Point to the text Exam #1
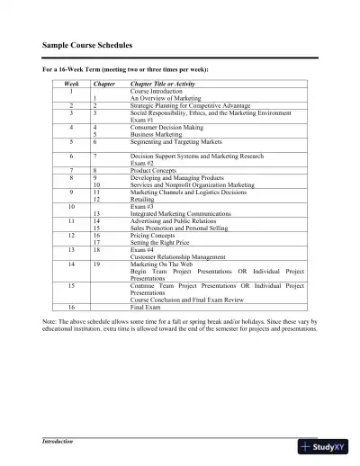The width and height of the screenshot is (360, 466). (x=142, y=121)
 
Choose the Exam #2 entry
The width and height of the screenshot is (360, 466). (x=142, y=162)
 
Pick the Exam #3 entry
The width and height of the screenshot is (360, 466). (x=142, y=206)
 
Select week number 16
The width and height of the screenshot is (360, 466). (x=70, y=306)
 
